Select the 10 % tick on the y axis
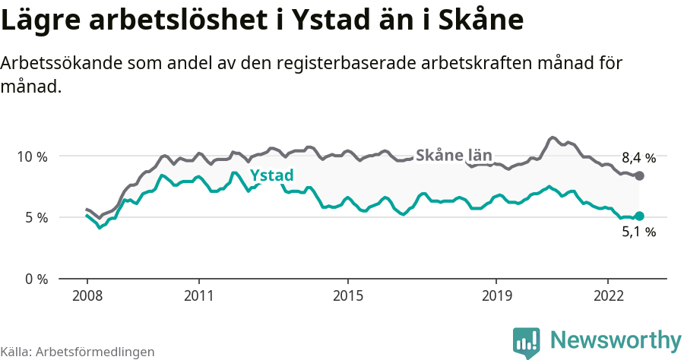(32, 156)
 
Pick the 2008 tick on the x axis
(87, 295)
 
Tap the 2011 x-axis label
(198, 295)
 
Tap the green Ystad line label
(271, 176)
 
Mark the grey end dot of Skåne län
(639, 175)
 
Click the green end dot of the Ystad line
(639, 216)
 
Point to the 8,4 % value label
(638, 158)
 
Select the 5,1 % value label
(638, 232)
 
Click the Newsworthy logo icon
(527, 342)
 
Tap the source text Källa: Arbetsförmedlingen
(78, 352)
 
